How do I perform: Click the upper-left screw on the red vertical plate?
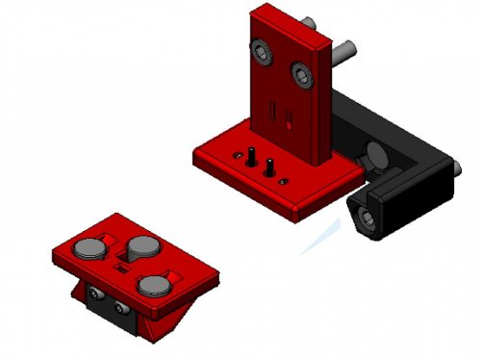[261, 50]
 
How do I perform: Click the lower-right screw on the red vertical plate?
[304, 73]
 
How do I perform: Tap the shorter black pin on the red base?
[270, 166]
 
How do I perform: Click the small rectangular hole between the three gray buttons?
[124, 269]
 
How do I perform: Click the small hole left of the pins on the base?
[235, 153]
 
